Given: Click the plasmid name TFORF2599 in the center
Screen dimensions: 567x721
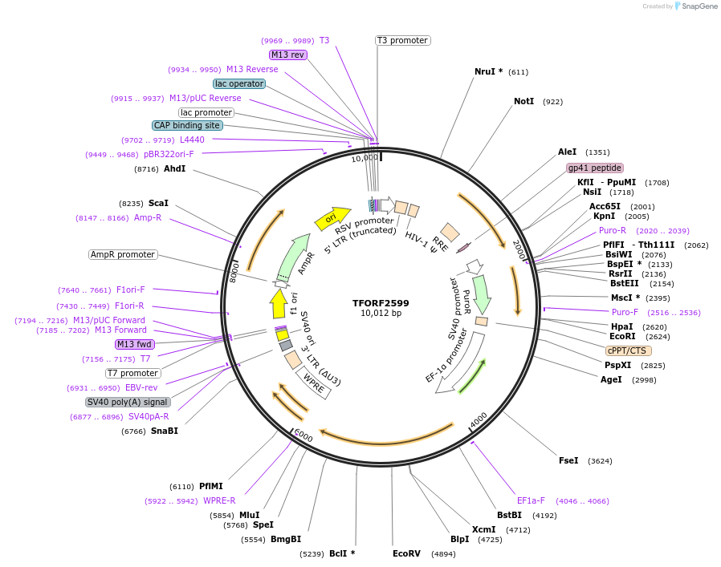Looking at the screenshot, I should point(381,303).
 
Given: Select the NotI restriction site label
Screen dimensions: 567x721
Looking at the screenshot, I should point(523,102).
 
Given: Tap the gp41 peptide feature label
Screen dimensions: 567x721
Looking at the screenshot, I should point(594,168).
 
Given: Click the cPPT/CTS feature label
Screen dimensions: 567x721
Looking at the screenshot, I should point(629,350).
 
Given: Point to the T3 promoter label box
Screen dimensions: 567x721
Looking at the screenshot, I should point(402,40).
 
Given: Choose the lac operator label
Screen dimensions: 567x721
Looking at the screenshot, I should point(239,83).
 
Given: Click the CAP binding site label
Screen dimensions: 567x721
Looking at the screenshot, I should point(187,125).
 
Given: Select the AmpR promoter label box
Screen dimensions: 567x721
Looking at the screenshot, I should point(123,254).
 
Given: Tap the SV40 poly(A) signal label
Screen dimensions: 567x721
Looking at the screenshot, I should point(128,402).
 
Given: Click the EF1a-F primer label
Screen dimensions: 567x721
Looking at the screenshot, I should point(531,500).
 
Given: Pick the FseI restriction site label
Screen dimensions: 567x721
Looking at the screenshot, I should point(568,460).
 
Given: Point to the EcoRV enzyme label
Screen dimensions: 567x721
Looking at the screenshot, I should point(406,553).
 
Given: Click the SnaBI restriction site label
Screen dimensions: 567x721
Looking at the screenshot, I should point(165,431).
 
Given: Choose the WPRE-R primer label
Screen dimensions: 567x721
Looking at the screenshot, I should point(219,500).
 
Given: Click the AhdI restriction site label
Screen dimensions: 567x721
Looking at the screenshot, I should point(174,168).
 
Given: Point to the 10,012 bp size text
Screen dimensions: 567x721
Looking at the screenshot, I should point(381,314).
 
